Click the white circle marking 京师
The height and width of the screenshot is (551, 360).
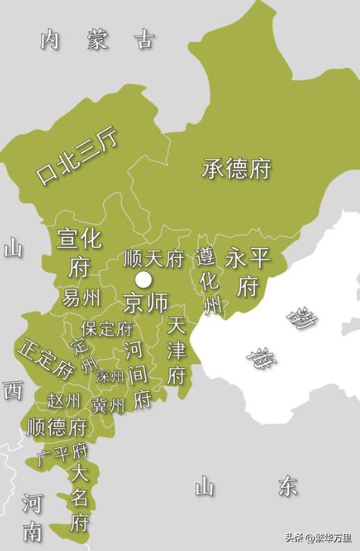(x=143, y=280)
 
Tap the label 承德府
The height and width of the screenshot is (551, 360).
(x=236, y=168)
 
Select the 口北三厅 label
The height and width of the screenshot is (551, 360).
(x=77, y=157)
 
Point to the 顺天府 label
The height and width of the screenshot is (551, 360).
(x=153, y=259)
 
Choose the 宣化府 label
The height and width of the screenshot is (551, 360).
(x=79, y=253)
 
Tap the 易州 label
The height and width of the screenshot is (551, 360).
(x=81, y=298)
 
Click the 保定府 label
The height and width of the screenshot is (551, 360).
(x=107, y=328)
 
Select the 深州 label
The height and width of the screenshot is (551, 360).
(x=111, y=376)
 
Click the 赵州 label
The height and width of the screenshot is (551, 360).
(x=63, y=401)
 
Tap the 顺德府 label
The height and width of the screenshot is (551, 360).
(x=56, y=426)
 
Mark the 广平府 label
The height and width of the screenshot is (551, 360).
(x=62, y=454)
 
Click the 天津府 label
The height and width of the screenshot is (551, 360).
(x=176, y=351)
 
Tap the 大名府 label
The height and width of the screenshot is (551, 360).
(x=79, y=498)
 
